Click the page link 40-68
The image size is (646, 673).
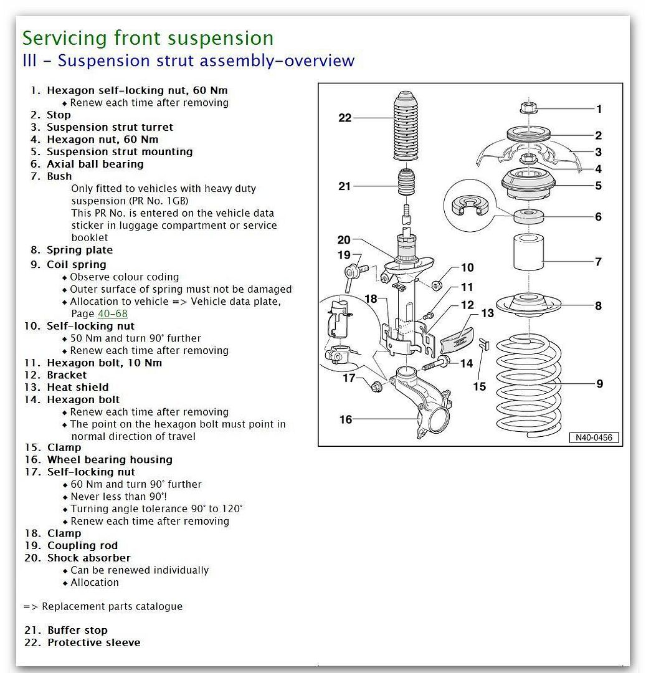(x=112, y=314)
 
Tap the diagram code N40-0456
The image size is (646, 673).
(x=594, y=437)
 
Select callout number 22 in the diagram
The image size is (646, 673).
(x=345, y=118)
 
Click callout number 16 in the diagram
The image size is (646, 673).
(x=346, y=419)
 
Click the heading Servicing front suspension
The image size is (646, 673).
(x=148, y=38)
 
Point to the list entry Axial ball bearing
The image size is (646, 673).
(x=95, y=164)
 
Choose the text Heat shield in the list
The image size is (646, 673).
(x=77, y=387)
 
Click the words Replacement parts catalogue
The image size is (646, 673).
(x=112, y=606)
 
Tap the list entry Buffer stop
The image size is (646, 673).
(x=77, y=630)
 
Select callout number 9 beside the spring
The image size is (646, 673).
(x=599, y=384)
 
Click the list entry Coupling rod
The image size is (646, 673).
(x=82, y=545)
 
